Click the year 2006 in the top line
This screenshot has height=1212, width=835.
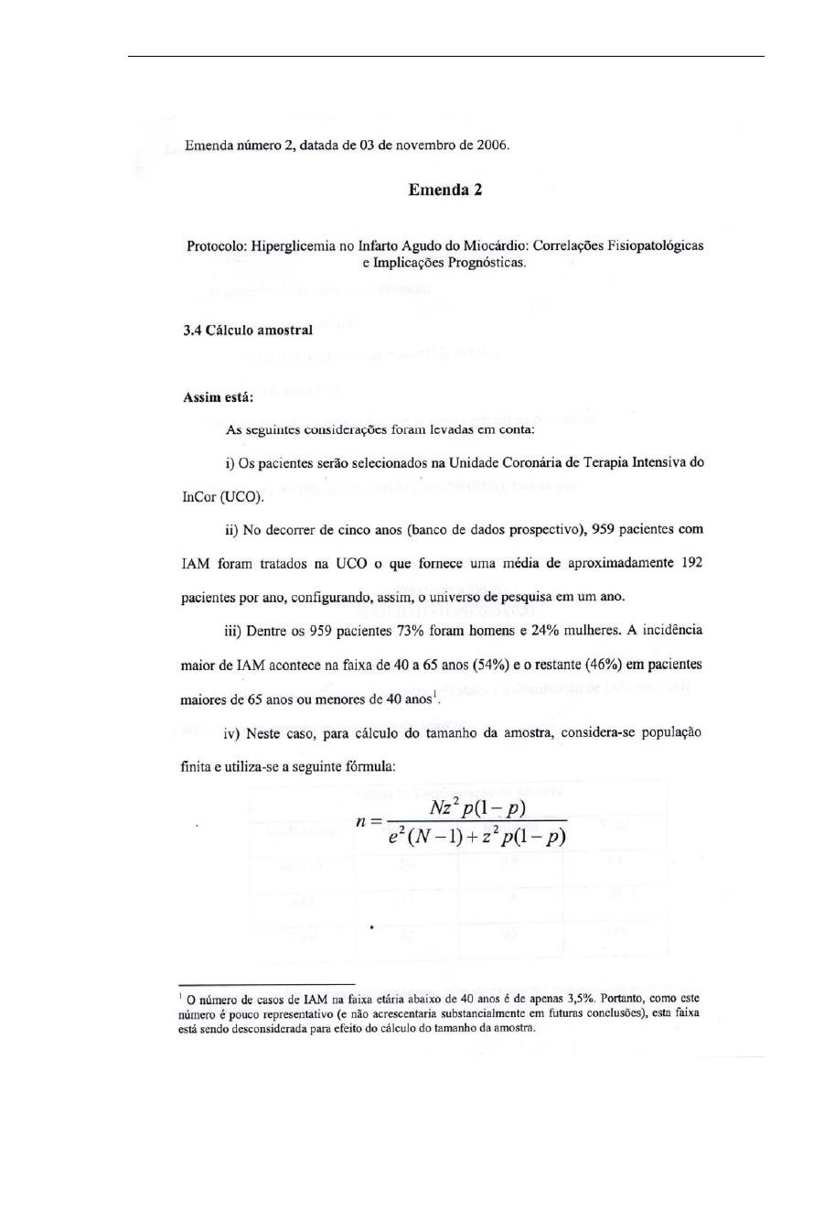491,145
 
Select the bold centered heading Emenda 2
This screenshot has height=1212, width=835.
444,190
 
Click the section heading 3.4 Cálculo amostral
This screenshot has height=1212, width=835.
247,330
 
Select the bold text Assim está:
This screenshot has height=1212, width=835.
219,398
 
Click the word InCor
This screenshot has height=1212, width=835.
200,498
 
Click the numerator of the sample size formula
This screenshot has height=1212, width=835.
476,807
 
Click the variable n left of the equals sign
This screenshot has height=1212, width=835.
362,821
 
